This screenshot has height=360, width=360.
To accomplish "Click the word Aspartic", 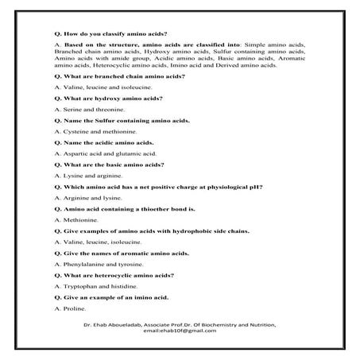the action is tap(74, 153).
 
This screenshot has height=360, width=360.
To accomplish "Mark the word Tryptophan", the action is tap(79, 285).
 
